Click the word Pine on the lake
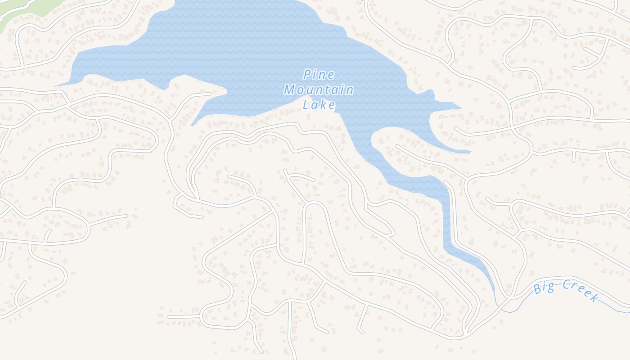click(x=319, y=75)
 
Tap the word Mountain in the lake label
click(x=319, y=90)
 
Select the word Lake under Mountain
click(x=319, y=105)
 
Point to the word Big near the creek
click(x=544, y=288)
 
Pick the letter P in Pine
click(x=307, y=75)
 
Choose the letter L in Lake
click(x=306, y=105)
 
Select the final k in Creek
click(x=594, y=297)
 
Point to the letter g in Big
click(x=550, y=287)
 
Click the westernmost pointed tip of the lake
click(x=56, y=85)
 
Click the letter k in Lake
click(x=324, y=105)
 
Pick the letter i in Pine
click(x=315, y=75)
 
